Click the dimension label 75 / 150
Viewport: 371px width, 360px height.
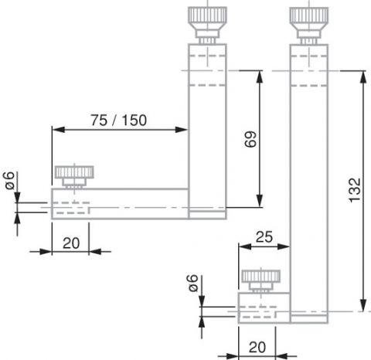coord(118,120)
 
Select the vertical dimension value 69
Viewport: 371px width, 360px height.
coord(250,139)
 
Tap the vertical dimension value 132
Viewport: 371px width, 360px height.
coord(355,190)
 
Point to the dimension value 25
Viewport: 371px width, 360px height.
coord(264,237)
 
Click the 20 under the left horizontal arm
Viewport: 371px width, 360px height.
coord(71,243)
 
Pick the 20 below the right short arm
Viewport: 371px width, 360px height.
coord(257,347)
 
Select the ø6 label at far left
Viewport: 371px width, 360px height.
coord(9,180)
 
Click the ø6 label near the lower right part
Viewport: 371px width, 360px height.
coord(193,283)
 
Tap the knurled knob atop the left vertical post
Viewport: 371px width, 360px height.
coord(207,25)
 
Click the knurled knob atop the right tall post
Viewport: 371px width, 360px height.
coord(309,25)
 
